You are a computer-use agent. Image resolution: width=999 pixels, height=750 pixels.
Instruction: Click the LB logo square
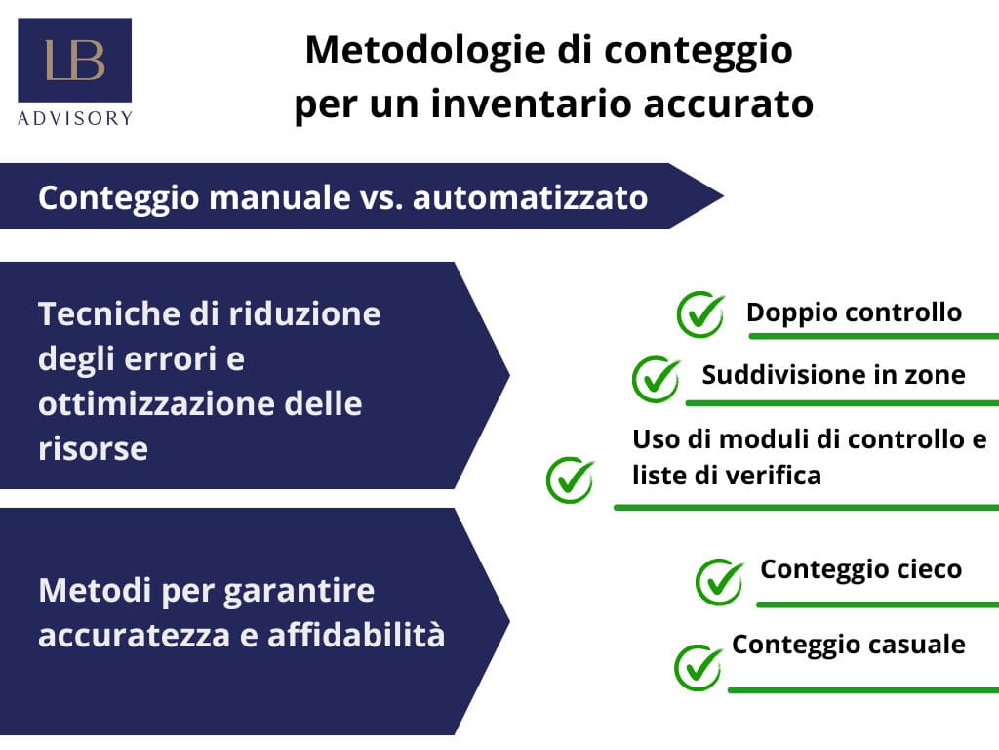74,60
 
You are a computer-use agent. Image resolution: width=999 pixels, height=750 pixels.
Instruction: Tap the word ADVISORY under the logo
75,118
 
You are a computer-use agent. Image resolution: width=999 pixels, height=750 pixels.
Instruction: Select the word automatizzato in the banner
530,197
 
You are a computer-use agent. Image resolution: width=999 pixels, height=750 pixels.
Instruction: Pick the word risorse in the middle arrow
93,449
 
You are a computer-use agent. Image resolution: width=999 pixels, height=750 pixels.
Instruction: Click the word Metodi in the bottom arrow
95,590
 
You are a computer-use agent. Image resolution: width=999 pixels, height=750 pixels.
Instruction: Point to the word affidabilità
356,635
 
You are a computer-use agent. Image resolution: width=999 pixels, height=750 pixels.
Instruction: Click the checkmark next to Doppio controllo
700,314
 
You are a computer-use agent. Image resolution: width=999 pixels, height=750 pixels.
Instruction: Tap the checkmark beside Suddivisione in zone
657,380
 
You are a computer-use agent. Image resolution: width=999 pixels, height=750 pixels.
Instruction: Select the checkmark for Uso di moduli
570,479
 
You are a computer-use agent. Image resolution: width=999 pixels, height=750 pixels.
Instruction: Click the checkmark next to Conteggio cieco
719,582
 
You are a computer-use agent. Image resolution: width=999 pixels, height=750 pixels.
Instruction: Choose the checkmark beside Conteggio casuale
699,668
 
